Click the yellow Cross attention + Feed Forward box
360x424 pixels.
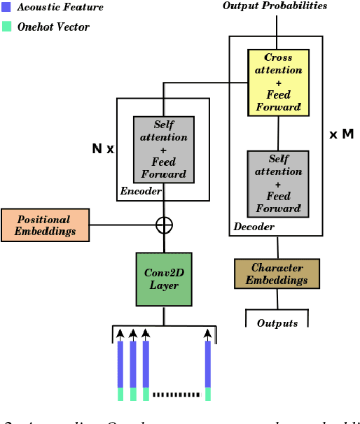click(x=278, y=82)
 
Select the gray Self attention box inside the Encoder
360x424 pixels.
click(x=164, y=149)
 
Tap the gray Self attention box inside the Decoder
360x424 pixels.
click(x=278, y=183)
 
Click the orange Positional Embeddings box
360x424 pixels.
click(x=46, y=225)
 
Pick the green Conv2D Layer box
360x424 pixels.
click(x=164, y=278)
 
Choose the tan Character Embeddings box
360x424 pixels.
click(x=277, y=274)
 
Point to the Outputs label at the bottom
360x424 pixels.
click(x=277, y=323)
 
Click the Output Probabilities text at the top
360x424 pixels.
click(x=275, y=6)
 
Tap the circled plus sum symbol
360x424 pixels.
click(x=164, y=225)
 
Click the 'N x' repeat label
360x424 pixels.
click(x=103, y=149)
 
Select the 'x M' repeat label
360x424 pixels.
click(x=341, y=134)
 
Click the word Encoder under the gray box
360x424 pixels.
click(x=141, y=191)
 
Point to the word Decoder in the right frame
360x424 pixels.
click(x=254, y=227)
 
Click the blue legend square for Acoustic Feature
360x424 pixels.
click(x=6, y=7)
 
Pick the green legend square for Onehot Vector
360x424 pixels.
click(x=6, y=27)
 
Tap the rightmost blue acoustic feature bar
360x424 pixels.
click(x=208, y=364)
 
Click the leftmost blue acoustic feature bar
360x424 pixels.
click(x=120, y=364)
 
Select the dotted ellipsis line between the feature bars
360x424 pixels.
click(x=176, y=395)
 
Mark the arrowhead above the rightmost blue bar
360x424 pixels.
click(x=208, y=333)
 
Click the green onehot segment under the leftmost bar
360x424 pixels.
click(x=120, y=393)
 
